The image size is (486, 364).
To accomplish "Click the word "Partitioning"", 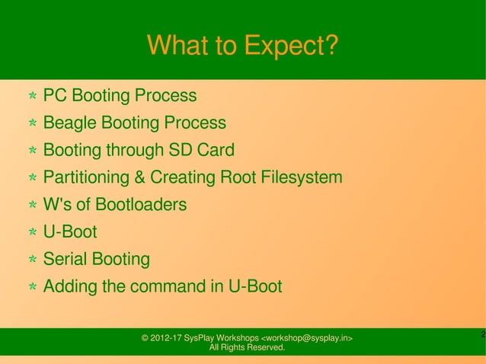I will point(86,178).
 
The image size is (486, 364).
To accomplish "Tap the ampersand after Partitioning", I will point(139,178).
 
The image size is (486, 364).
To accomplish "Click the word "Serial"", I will point(66,260).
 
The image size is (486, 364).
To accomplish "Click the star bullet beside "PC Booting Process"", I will point(34,97).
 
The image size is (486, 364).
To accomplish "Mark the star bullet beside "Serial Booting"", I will point(34,260).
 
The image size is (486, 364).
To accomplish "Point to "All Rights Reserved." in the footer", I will point(247,348).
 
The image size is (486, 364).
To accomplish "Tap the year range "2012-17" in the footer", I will point(168,338).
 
